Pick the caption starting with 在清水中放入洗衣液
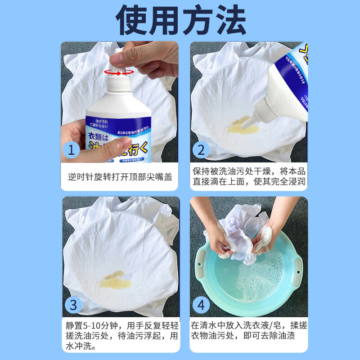coord(250,331)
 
